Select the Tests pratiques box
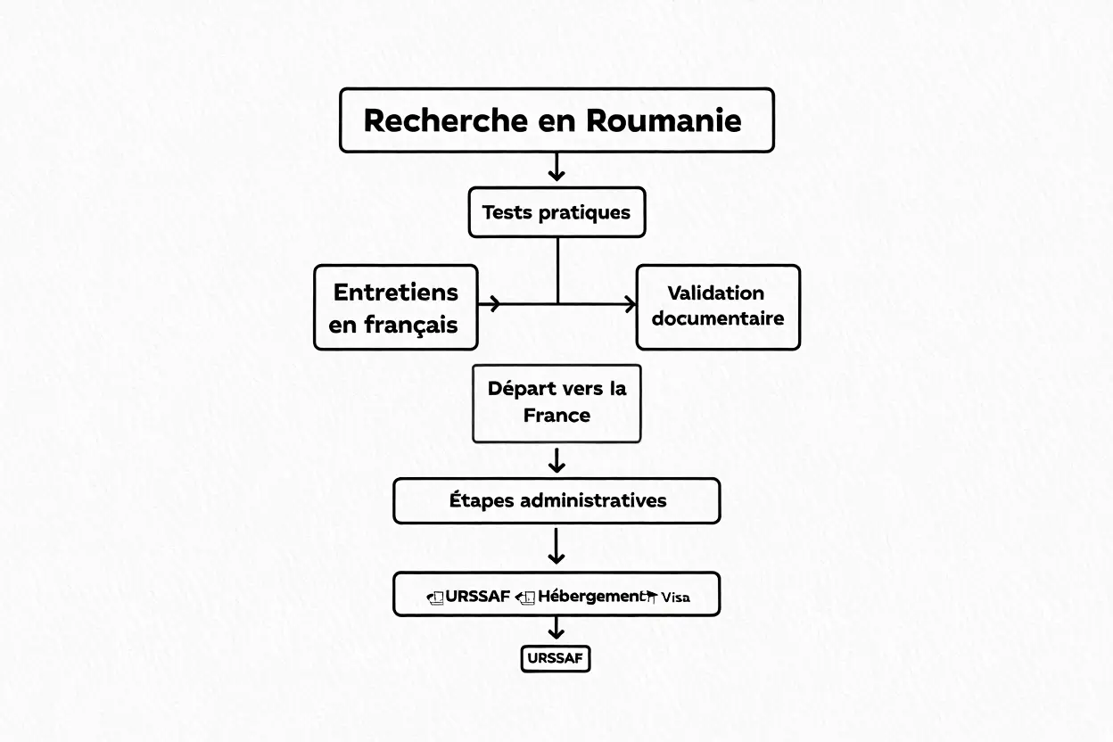[556, 212]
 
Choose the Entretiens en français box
[396, 307]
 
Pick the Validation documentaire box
[718, 307]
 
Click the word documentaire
[718, 318]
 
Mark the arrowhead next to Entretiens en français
[491, 304]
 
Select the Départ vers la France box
[556, 403]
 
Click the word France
[556, 416]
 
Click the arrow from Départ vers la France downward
[556, 460]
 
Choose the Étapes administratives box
[556, 500]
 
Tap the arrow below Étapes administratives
[556, 547]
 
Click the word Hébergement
[589, 596]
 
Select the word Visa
[675, 598]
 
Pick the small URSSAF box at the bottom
[556, 659]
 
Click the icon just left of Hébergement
[525, 597]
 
